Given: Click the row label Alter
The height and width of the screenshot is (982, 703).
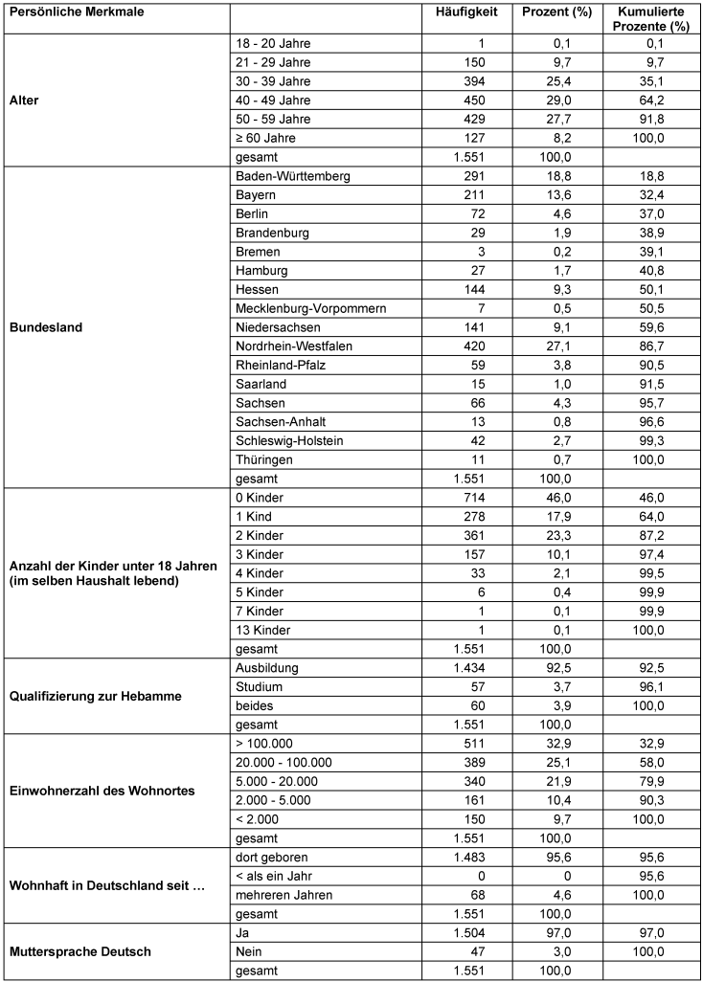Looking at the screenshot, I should point(24,100).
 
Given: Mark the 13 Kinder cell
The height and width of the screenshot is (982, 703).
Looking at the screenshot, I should point(261,630).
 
